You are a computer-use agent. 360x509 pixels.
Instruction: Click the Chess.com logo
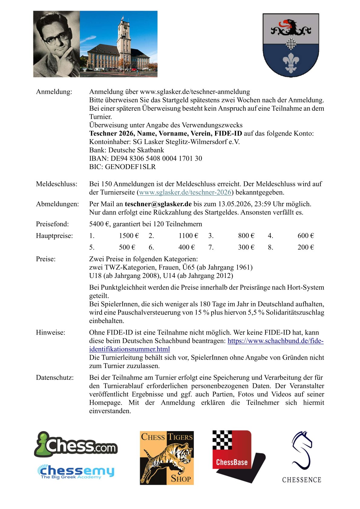76,445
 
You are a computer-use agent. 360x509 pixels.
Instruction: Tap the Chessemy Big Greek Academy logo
76,472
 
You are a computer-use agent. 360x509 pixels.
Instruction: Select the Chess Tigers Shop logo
167,458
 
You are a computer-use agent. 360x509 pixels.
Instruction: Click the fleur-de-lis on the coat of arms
291,63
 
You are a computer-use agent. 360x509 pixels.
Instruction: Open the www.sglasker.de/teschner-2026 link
185,192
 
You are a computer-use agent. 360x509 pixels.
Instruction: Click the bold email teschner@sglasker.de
158,204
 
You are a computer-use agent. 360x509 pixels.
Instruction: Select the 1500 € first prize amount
129,236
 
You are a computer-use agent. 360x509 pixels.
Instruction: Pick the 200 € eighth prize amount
306,247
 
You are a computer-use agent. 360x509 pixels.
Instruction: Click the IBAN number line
146,158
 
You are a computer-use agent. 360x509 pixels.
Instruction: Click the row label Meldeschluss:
57,184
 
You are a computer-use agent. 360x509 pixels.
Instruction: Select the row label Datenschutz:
55,377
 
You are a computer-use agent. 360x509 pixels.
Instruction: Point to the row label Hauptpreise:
54,236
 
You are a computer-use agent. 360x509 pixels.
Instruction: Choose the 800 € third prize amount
246,236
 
